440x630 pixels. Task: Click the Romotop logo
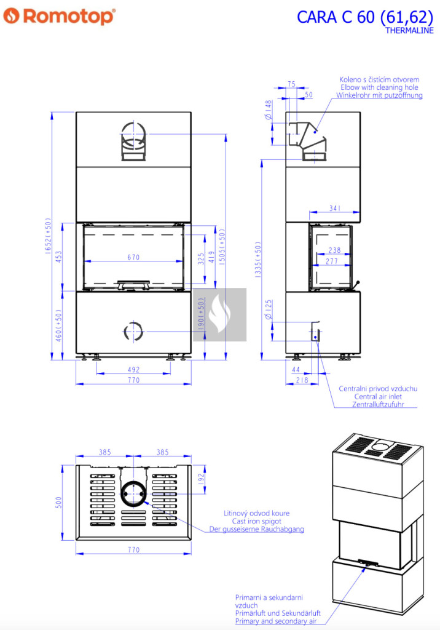(60, 16)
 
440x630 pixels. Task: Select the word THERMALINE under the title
(409, 31)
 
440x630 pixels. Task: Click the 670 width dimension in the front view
(134, 257)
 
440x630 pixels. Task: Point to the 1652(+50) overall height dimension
(48, 236)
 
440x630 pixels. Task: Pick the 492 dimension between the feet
(134, 369)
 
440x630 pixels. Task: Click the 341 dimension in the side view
(335, 208)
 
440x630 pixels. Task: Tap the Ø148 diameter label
(269, 110)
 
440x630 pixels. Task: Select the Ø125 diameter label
(269, 309)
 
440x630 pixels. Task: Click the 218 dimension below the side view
(302, 380)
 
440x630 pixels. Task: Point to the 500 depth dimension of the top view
(59, 503)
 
